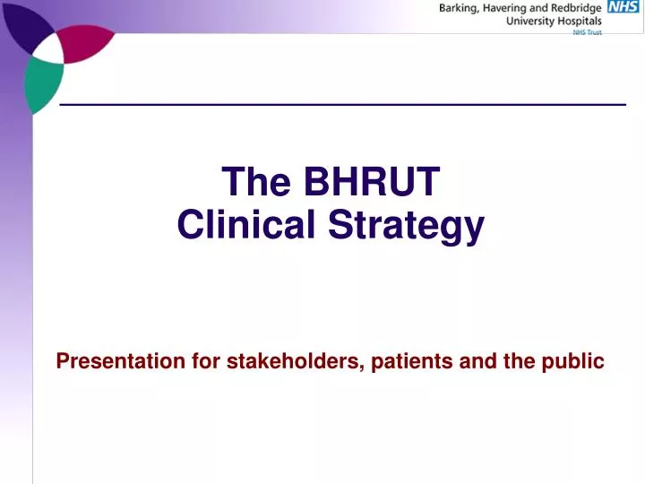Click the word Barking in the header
460,8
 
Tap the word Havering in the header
510,8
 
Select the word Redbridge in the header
578,8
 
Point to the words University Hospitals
556,22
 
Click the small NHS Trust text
587,32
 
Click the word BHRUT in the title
372,182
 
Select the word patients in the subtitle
412,361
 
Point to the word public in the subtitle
575,361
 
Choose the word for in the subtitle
205,361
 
